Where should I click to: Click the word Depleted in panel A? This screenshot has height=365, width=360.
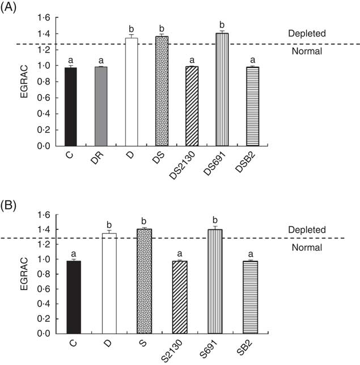click(306, 33)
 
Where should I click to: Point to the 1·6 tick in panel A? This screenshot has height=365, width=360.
click(44, 18)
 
